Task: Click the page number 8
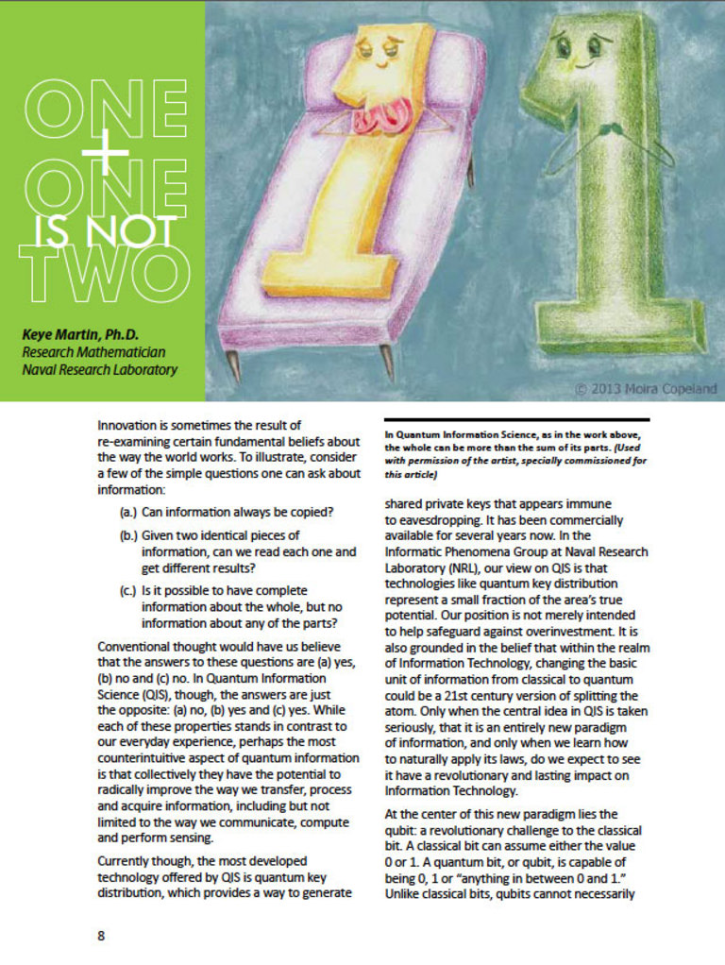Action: click(x=101, y=936)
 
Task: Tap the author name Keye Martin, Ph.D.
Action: click(x=78, y=333)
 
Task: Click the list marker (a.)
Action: click(x=127, y=513)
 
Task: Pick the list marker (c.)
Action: click(x=127, y=592)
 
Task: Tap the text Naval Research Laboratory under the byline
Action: click(x=100, y=370)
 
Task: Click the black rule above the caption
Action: click(x=517, y=419)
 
